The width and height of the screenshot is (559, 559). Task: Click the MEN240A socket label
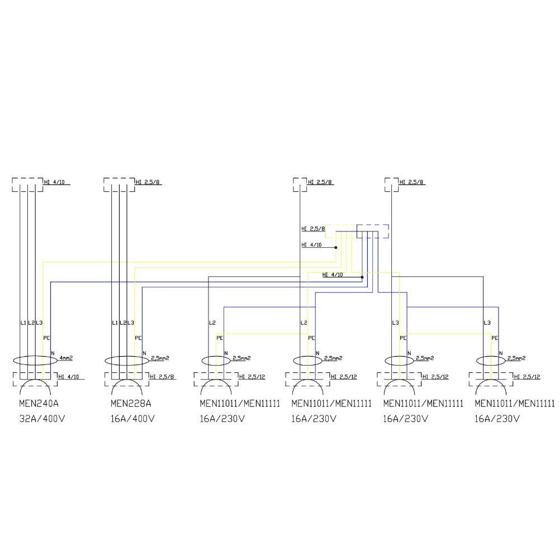pyautogui.click(x=39, y=404)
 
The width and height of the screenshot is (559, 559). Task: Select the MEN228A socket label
pyautogui.click(x=130, y=404)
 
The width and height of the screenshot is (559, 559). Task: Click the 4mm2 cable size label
pyautogui.click(x=66, y=357)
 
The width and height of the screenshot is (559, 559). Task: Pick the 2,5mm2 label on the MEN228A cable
pyautogui.click(x=159, y=357)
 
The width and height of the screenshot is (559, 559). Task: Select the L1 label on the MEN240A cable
pyautogui.click(x=23, y=323)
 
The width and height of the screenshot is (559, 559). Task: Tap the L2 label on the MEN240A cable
pyautogui.click(x=31, y=323)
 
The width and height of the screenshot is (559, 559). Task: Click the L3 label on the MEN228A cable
pyautogui.click(x=131, y=323)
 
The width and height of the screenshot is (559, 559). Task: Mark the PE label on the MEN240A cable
pyautogui.click(x=46, y=338)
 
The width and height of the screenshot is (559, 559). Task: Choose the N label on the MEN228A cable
pyautogui.click(x=144, y=353)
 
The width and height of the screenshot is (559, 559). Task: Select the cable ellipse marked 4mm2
pyautogui.click(x=35, y=361)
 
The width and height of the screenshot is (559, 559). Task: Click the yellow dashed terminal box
pyautogui.click(x=340, y=231)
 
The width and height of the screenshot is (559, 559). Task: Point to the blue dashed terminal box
pyautogui.click(x=373, y=231)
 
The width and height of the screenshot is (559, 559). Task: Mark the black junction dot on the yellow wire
pyautogui.click(x=335, y=247)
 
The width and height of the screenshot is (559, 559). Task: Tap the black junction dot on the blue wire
pyautogui.click(x=362, y=277)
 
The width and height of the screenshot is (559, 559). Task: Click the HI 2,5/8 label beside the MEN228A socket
pyautogui.click(x=163, y=377)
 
